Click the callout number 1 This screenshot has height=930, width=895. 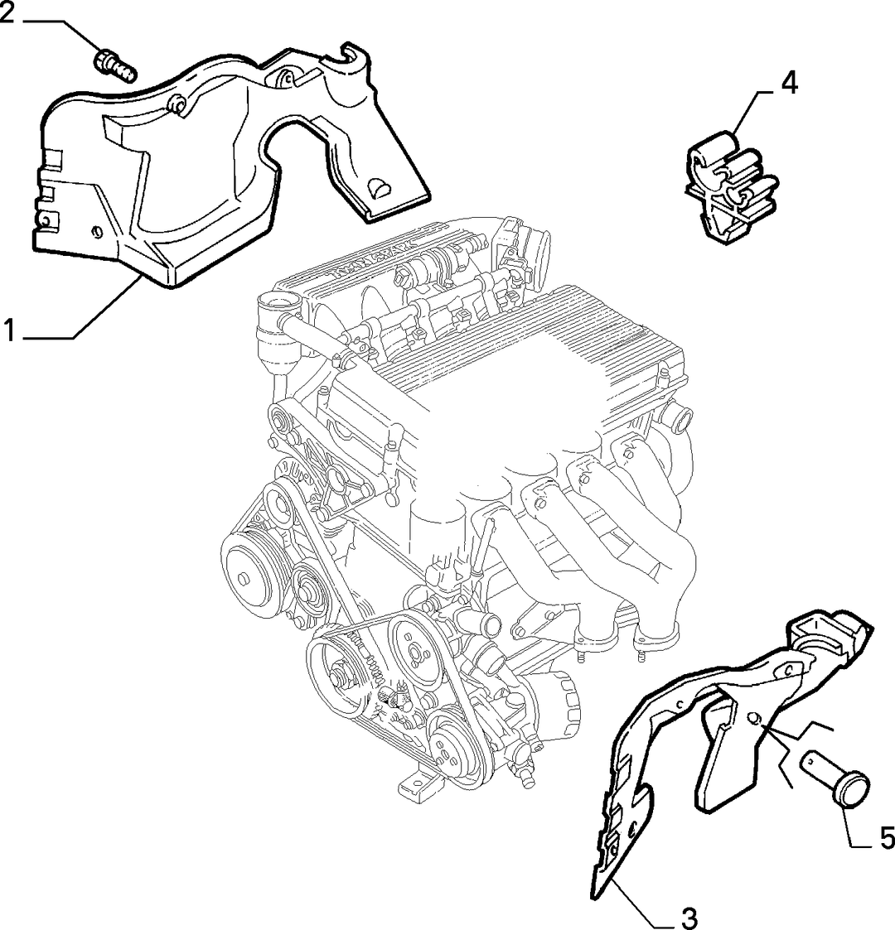[x=9, y=330]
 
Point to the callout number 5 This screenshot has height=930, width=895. [x=887, y=838]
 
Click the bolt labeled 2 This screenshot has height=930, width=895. [x=115, y=66]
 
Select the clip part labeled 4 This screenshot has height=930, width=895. [x=731, y=187]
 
